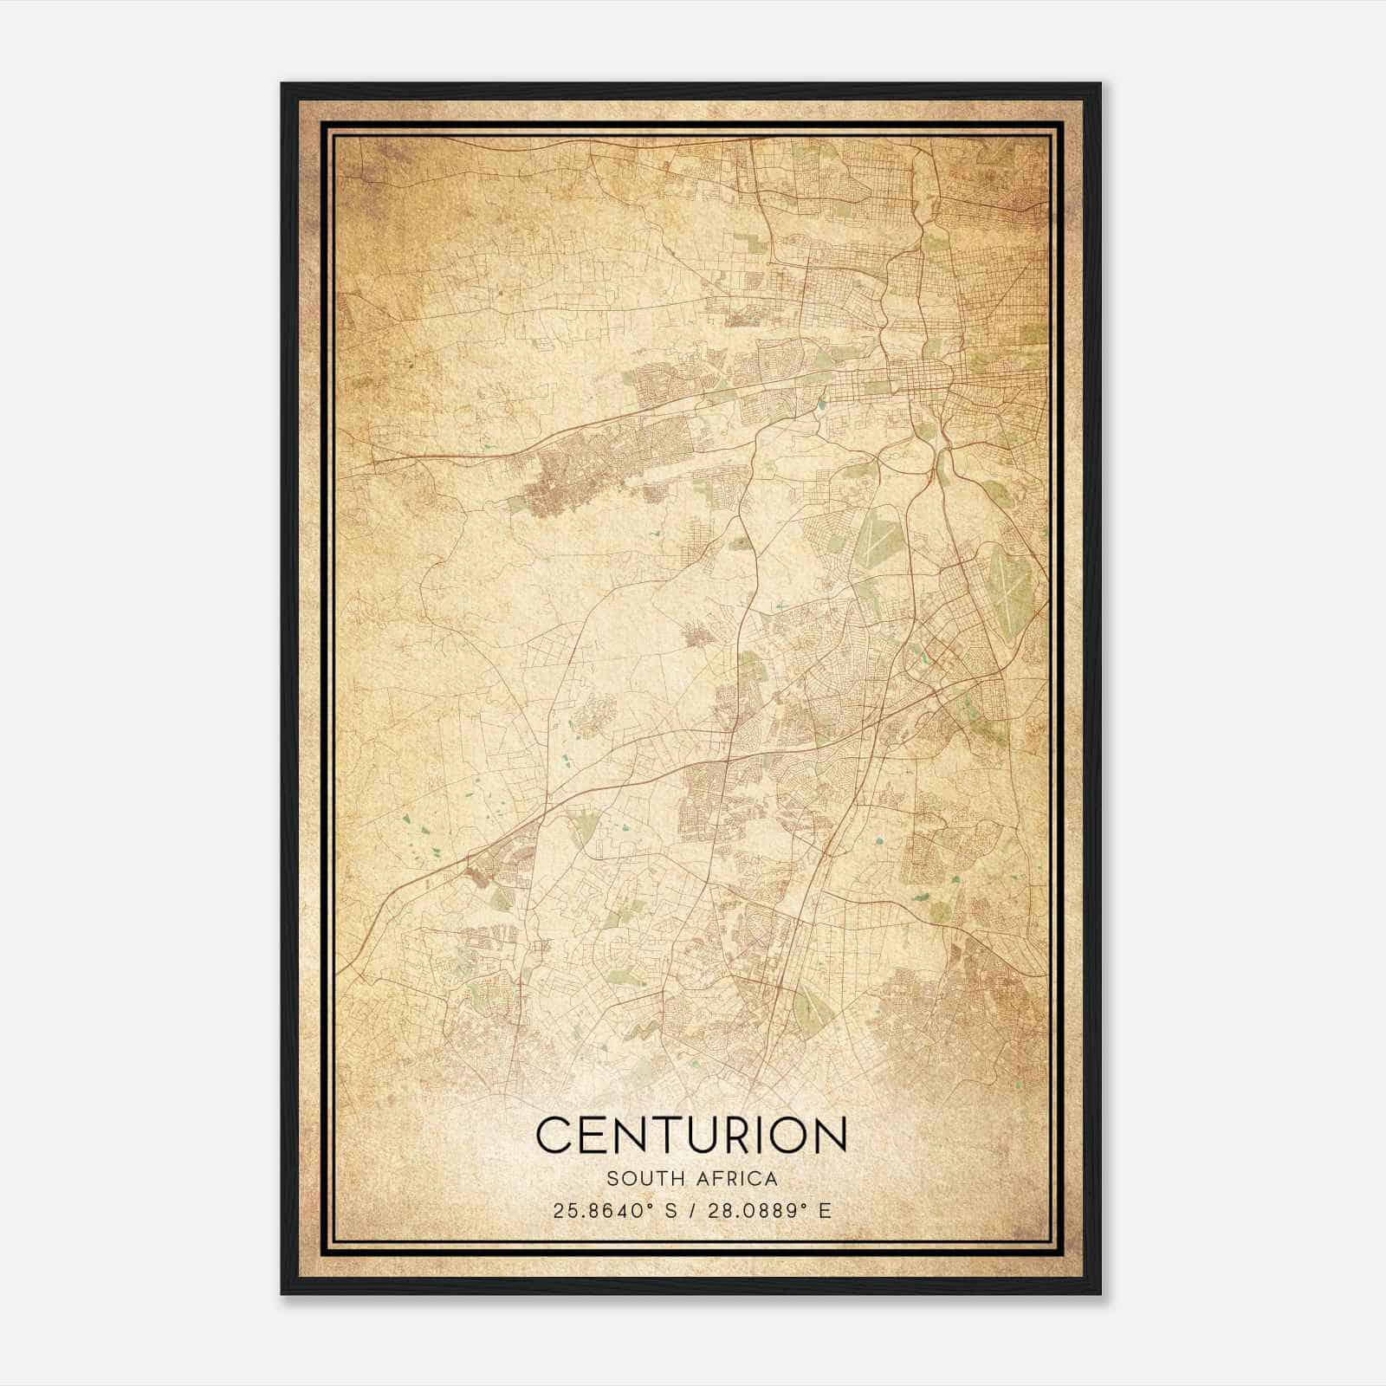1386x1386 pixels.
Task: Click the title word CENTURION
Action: (691, 1135)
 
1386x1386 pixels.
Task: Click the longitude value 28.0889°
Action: (745, 1210)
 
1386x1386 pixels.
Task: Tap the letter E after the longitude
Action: (825, 1210)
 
